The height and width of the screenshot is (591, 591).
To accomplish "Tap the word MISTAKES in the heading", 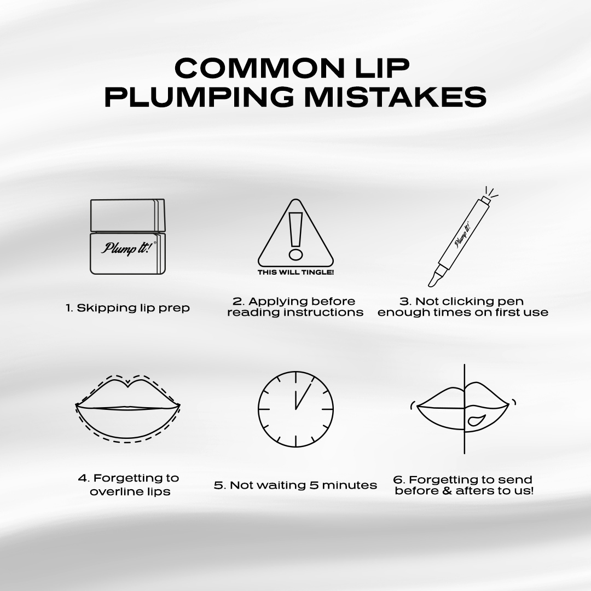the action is click(x=396, y=96).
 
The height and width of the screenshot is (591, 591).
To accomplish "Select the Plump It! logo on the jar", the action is click(x=128, y=248).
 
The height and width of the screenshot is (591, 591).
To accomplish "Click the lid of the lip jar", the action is click(x=128, y=215).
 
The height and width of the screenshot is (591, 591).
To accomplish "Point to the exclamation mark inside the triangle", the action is click(x=296, y=236).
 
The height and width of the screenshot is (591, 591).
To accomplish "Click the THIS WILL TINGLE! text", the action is click(x=296, y=272).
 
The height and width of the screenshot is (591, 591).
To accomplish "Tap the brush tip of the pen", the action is click(x=433, y=279).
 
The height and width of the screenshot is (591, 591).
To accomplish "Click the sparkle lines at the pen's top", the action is click(x=491, y=193).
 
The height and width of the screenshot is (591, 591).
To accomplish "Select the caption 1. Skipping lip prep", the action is click(x=128, y=308).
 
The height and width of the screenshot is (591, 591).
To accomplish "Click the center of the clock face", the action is click(x=296, y=409).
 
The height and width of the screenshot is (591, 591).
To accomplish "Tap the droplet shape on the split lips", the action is click(x=476, y=420).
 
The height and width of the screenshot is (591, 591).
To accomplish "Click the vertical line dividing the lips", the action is click(x=465, y=409).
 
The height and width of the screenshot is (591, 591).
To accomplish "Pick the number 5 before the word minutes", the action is click(x=314, y=485).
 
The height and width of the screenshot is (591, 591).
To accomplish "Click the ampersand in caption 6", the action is click(x=449, y=491).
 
